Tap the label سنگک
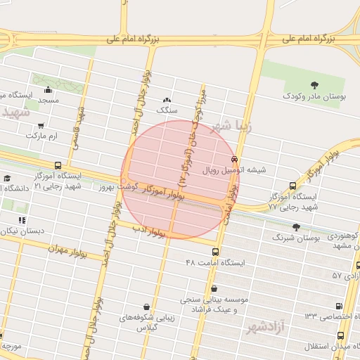pyautogui.click(x=167, y=110)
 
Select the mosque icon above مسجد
pyautogui.click(x=48, y=89)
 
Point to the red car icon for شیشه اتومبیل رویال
pyautogui.click(x=234, y=159)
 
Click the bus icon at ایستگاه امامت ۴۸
pyautogui.click(x=215, y=252)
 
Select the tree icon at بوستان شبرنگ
pyautogui.click(x=295, y=226)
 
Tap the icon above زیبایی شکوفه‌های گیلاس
pyautogui.click(x=146, y=307)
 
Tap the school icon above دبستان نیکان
pyautogui.click(x=22, y=219)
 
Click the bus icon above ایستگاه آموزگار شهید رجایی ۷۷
pyautogui.click(x=292, y=186)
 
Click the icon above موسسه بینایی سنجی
pyautogui.click(x=213, y=288)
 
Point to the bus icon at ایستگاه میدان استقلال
pyautogui.click(x=356, y=336)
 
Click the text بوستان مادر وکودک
pyautogui.click(x=316, y=95)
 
